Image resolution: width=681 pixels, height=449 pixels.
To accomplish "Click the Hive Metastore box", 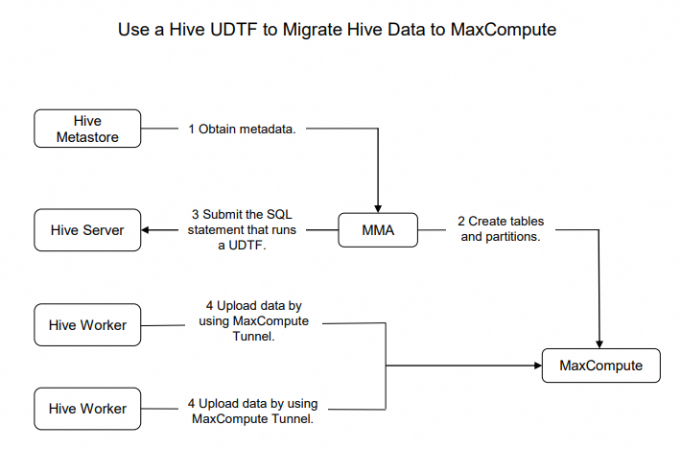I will coord(87,129).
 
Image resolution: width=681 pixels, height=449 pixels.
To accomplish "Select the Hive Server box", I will coord(87,229).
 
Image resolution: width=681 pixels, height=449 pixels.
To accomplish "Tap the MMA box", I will coord(378,230).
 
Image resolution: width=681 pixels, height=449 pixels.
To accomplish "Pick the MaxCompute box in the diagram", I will coord(600,366).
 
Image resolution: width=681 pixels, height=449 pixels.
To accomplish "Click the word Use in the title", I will coord(134,30).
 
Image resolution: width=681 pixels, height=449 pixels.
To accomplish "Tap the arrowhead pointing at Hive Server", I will coord(147,230).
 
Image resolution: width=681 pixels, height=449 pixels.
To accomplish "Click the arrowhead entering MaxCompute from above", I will coord(600,343).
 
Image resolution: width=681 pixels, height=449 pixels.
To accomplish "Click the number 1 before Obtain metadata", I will coord(192,128).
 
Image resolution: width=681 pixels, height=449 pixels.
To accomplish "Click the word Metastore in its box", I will coord(87,136).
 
